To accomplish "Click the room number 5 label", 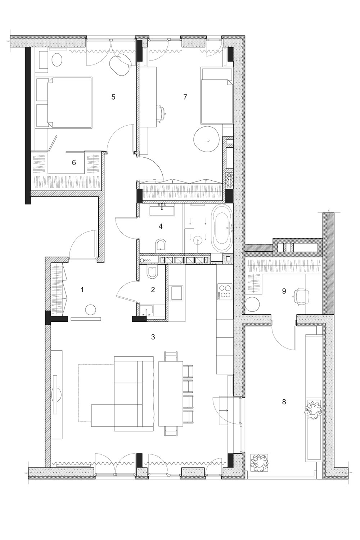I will pyautogui.click(x=113, y=97).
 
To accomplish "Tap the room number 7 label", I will pyautogui.click(x=185, y=97).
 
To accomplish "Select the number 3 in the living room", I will pyautogui.click(x=153, y=337).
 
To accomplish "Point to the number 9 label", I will pyautogui.click(x=284, y=291).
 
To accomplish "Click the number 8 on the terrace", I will pyautogui.click(x=284, y=402).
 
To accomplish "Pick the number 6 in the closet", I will pyautogui.click(x=74, y=163).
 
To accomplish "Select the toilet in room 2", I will pyautogui.click(x=152, y=274).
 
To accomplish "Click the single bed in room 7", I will pyautogui.click(x=215, y=97).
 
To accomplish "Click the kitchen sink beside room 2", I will pyautogui.click(x=177, y=293).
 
